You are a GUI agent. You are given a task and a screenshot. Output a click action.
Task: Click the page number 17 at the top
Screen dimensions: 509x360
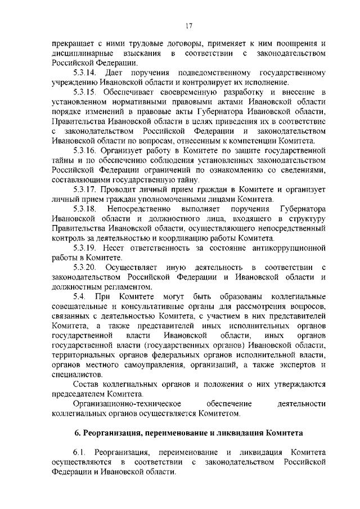189,25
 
